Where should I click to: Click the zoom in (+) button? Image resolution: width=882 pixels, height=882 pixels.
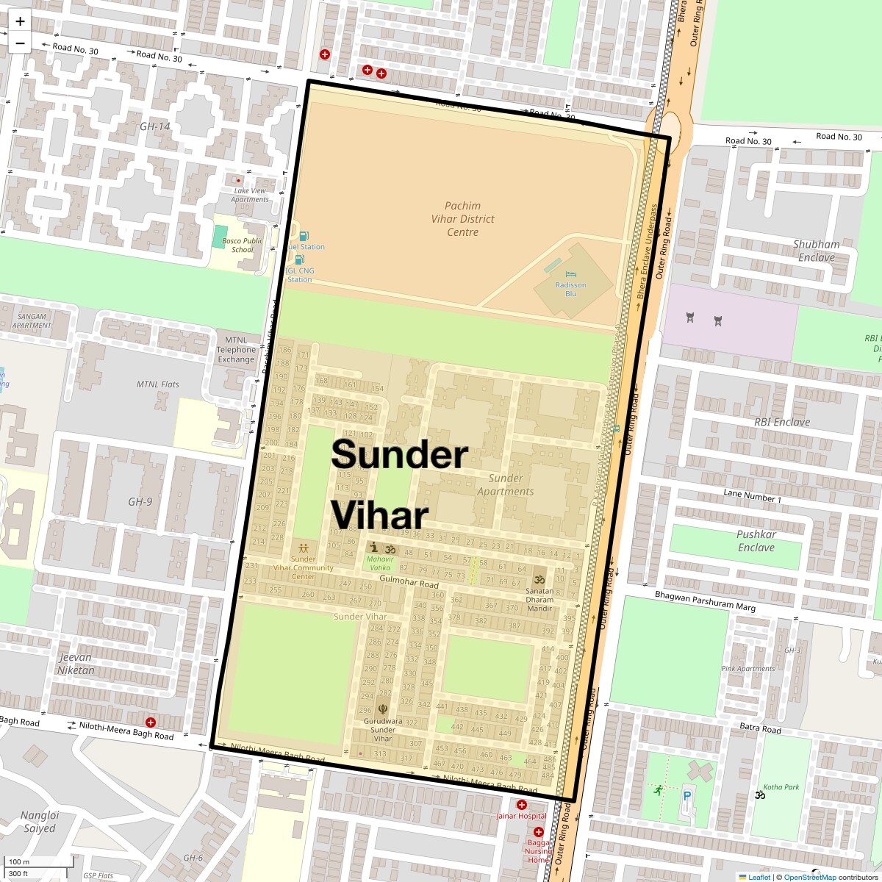pyautogui.click(x=20, y=22)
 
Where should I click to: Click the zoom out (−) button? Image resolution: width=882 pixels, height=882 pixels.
pyautogui.click(x=20, y=43)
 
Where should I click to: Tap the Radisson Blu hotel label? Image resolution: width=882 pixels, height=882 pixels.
pyautogui.click(x=571, y=289)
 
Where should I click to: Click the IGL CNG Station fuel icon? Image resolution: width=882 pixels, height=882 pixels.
pyautogui.click(x=298, y=260)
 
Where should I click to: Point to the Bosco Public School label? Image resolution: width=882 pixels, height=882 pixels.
pyautogui.click(x=243, y=245)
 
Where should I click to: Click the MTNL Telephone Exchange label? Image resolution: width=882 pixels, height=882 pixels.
pyautogui.click(x=236, y=350)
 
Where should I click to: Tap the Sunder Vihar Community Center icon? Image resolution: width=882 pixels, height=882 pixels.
pyautogui.click(x=304, y=548)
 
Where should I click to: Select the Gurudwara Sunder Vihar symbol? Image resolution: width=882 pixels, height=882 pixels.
pyautogui.click(x=382, y=709)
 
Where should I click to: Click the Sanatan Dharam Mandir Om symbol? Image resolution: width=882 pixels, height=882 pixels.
pyautogui.click(x=539, y=579)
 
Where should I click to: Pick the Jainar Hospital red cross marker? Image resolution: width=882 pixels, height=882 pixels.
pyautogui.click(x=522, y=805)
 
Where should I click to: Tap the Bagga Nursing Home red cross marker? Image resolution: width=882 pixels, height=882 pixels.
pyautogui.click(x=538, y=832)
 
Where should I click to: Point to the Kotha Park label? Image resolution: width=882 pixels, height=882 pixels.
pyautogui.click(x=781, y=787)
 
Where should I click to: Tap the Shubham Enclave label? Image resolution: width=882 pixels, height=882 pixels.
pyautogui.click(x=816, y=251)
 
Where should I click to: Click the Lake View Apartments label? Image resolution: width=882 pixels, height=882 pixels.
pyautogui.click(x=250, y=195)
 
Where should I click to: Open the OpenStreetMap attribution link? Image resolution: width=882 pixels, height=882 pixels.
pyautogui.click(x=809, y=877)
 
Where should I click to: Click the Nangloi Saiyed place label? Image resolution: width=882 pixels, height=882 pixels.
pyautogui.click(x=38, y=822)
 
